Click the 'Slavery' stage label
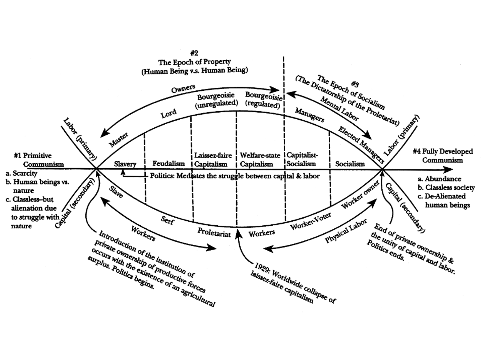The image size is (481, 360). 125,164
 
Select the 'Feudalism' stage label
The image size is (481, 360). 168,163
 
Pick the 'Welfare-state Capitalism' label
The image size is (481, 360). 260,160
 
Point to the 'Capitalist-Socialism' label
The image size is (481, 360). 302,159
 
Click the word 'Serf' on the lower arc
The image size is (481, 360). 167,220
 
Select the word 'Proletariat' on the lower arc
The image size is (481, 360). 214,232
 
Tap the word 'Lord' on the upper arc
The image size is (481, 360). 168,113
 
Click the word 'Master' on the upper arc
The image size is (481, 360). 119,139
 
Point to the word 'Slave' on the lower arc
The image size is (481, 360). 116,192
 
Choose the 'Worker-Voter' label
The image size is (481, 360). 311,221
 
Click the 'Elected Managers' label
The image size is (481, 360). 361,145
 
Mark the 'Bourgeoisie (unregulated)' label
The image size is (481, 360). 216,100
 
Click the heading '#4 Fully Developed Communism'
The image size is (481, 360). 443,156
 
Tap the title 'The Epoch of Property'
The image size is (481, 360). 194,62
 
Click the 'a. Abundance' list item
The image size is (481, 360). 439,179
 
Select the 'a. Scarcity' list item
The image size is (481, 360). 21,173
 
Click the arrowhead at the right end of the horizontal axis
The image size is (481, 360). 448,169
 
